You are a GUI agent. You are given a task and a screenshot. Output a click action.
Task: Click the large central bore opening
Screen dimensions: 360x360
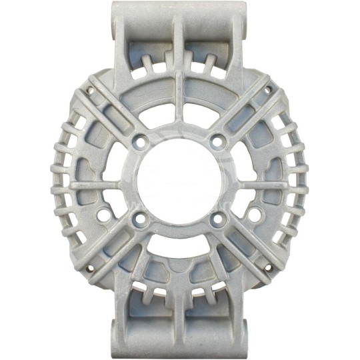click(178, 181)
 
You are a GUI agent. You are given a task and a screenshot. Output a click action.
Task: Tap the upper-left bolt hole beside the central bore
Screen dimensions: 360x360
click(139, 141)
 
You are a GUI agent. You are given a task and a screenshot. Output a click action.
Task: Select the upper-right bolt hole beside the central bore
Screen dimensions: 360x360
click(216, 141)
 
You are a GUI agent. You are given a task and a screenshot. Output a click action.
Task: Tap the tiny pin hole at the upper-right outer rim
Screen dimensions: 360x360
click(267, 90)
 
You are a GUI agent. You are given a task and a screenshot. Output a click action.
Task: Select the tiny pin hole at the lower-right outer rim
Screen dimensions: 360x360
click(267, 269)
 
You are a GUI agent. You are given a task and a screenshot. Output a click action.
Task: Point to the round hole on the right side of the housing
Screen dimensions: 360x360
click(254, 214)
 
